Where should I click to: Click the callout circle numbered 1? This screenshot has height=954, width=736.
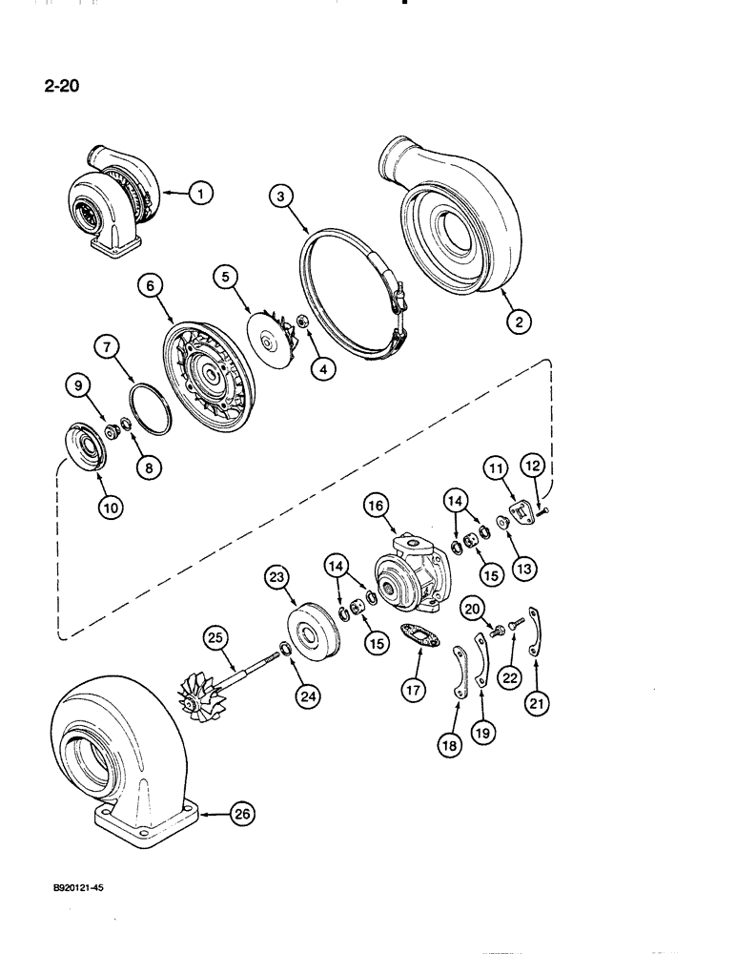coord(200,194)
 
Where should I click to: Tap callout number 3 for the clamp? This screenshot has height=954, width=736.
coord(279,197)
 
